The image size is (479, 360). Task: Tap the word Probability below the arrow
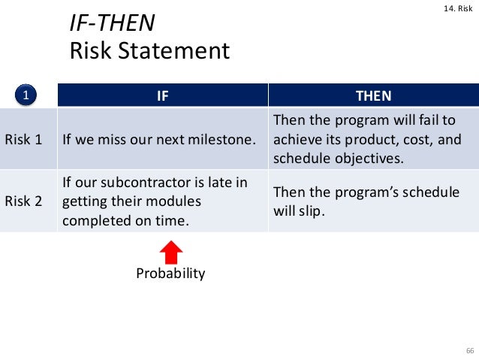click(x=170, y=274)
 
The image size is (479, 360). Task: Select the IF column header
click(x=161, y=95)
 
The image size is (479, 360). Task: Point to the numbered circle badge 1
click(x=26, y=95)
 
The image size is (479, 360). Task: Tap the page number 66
click(x=470, y=351)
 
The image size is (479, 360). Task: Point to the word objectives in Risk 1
click(x=369, y=158)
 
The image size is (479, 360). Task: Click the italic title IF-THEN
click(x=112, y=23)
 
